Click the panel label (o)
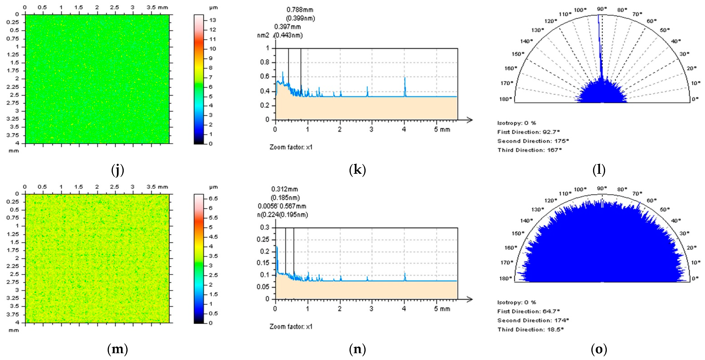pyautogui.click(x=599, y=349)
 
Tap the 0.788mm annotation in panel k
pyautogui.click(x=300, y=10)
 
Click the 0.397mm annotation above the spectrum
pyautogui.click(x=287, y=27)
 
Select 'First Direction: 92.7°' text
pyautogui.click(x=528, y=132)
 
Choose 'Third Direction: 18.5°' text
pyautogui.click(x=530, y=329)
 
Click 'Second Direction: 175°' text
pyautogui.click(x=533, y=141)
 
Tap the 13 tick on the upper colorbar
pyautogui.click(x=213, y=20)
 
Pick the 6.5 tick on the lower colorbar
pyautogui.click(x=213, y=199)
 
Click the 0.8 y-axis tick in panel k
pyautogui.click(x=264, y=62)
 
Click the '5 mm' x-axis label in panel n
pyautogui.click(x=442, y=309)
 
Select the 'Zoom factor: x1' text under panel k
pyautogui.click(x=291, y=147)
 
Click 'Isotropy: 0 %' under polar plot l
pyautogui.click(x=516, y=123)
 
